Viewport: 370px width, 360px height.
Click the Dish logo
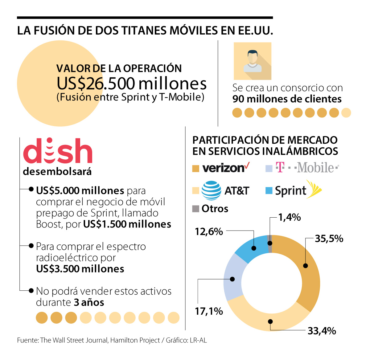58,151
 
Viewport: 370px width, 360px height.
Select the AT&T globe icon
211,190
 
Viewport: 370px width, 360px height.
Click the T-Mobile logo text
307,168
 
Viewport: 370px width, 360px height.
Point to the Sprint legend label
290,191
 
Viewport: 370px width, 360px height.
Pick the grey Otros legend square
195,209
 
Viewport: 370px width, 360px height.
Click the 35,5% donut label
329,239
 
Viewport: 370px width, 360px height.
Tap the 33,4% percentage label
322,331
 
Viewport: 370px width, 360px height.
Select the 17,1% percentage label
209,311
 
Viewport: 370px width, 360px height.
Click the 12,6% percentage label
209,231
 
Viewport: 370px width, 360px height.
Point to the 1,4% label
289,217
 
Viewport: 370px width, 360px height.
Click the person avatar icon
253,61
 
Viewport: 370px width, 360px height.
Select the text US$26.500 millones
132,83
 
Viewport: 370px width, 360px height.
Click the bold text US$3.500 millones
80,269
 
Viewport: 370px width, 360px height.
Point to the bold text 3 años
89,302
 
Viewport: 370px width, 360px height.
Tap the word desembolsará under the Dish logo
57,171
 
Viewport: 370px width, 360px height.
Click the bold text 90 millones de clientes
287,99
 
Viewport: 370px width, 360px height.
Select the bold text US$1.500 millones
127,224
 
